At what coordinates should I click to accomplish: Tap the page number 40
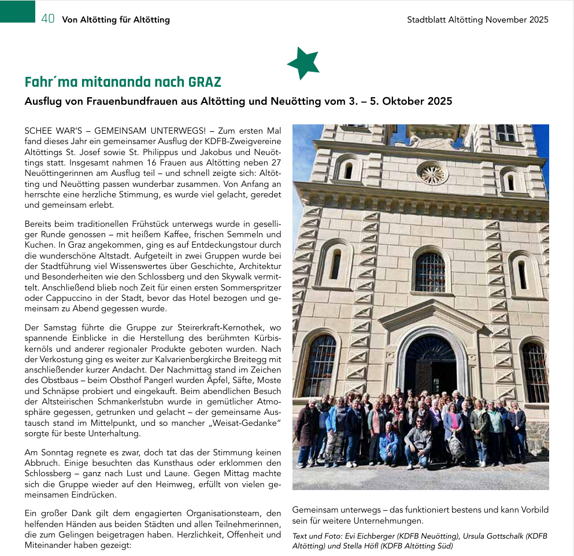tap(48, 19)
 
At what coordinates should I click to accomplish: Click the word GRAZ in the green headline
tap(205, 82)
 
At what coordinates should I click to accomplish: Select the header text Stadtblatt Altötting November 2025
tap(477, 20)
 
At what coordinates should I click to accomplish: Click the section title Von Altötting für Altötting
tap(116, 20)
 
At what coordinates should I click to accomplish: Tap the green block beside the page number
tap(17, 12)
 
